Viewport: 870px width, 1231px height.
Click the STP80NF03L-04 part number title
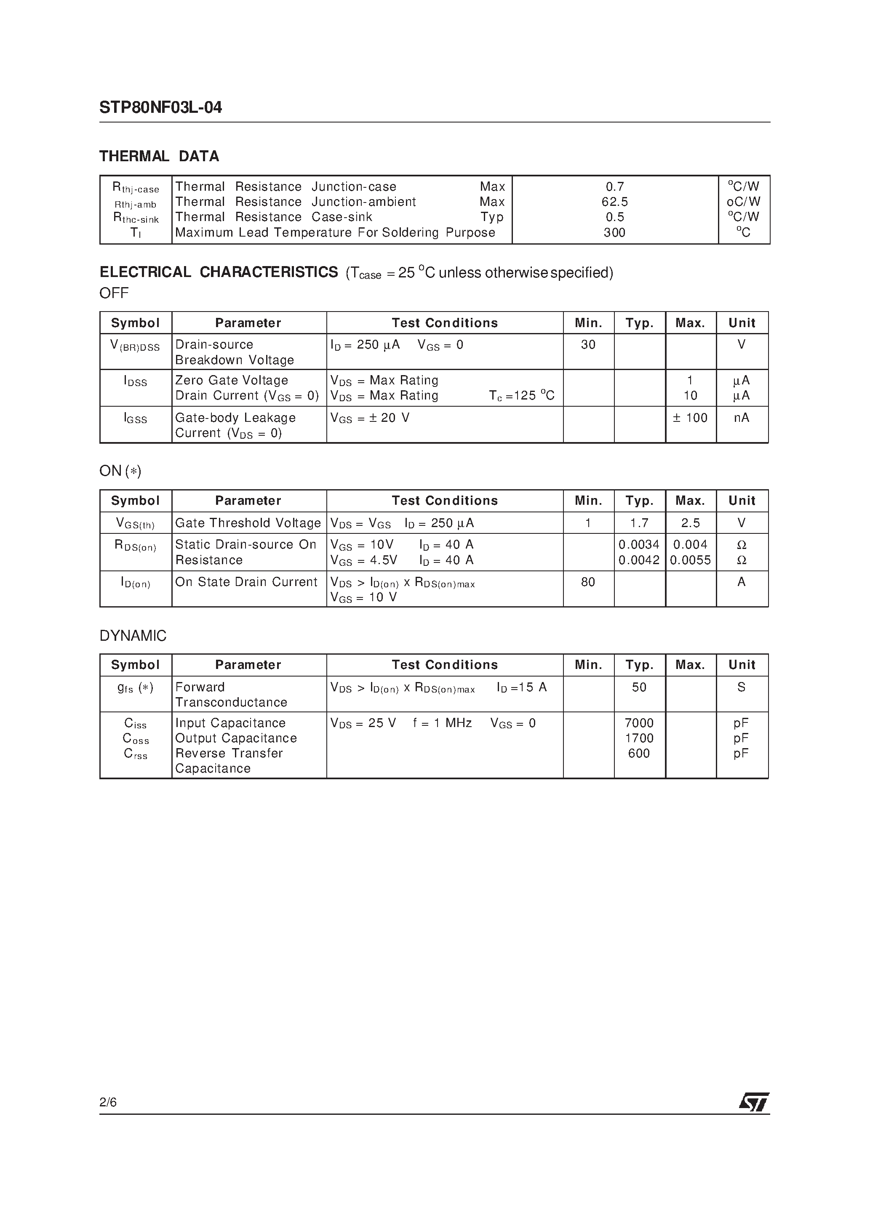(160, 108)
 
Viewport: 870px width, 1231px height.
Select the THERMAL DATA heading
(159, 157)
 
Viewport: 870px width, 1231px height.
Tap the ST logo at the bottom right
(754, 1102)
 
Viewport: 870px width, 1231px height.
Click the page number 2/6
(108, 1102)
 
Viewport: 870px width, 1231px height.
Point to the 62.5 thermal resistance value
(615, 202)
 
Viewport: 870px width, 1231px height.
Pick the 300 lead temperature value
(615, 233)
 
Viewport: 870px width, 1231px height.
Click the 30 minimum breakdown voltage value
(588, 345)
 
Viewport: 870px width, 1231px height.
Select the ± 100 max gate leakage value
(690, 418)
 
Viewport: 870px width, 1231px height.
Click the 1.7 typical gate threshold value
(639, 523)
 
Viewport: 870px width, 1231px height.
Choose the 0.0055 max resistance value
(690, 560)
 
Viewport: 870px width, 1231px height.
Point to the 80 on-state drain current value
(588, 582)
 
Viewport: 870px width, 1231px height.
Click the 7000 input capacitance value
(639, 723)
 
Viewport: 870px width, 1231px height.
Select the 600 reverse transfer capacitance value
(639, 753)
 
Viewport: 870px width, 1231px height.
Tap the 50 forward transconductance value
(639, 687)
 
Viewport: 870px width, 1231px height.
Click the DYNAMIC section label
(133, 636)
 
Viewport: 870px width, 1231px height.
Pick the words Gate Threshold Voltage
(248, 523)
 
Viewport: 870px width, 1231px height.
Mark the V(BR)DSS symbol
(135, 346)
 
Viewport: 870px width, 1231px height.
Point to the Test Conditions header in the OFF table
(445, 323)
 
